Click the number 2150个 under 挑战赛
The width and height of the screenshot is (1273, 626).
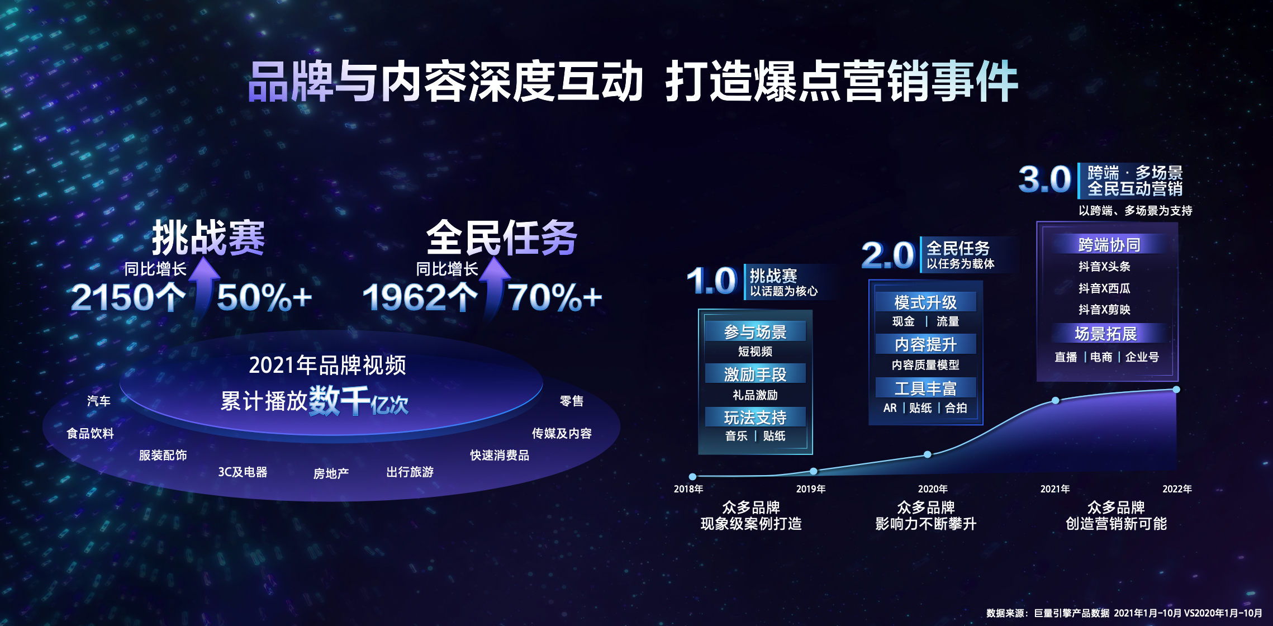[x=128, y=297]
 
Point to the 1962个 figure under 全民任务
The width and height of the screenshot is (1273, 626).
[x=420, y=297]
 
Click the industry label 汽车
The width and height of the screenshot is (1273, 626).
[x=99, y=401]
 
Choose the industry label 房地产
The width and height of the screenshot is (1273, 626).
[x=331, y=473]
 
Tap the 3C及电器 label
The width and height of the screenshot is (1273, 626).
[x=243, y=472]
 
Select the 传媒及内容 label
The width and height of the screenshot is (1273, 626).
[x=561, y=433]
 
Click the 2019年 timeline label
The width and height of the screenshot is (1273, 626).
[x=810, y=489]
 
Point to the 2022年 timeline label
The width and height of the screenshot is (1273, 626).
[x=1177, y=489]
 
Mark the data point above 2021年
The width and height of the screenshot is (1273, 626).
[x=1055, y=400]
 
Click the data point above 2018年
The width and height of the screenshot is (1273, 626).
[x=692, y=477]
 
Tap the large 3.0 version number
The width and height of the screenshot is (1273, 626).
[x=1044, y=180]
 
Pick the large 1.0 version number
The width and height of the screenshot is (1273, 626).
[x=712, y=281]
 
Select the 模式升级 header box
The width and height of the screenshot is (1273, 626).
[x=925, y=302]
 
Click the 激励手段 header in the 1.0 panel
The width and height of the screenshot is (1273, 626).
[x=755, y=374]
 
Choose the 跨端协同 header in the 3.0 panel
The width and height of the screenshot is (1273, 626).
[x=1109, y=245]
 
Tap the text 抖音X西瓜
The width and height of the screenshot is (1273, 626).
[x=1104, y=288]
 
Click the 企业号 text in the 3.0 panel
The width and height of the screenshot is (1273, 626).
[x=1142, y=357]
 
